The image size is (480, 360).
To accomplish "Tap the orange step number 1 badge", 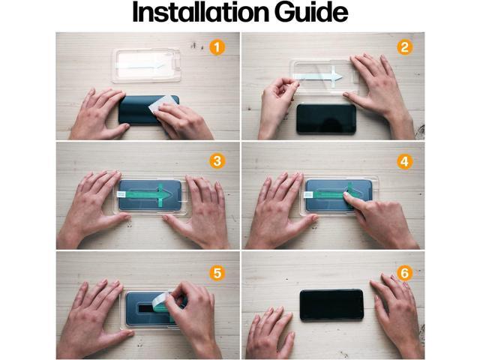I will pyautogui.click(x=217, y=47).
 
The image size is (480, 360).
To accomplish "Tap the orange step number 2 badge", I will pyautogui.click(x=404, y=47).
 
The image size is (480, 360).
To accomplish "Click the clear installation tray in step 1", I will pyautogui.click(x=147, y=64).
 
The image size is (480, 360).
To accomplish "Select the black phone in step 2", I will pyautogui.click(x=325, y=118).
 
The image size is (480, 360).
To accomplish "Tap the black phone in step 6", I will pyautogui.click(x=331, y=304).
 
